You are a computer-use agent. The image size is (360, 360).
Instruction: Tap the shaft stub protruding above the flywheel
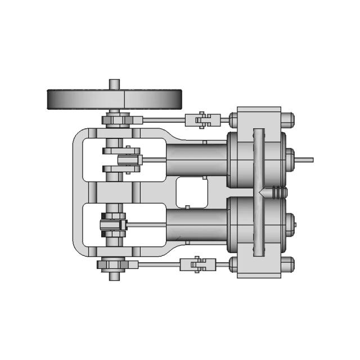click(114, 83)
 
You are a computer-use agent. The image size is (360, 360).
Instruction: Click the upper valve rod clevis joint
click(202, 119)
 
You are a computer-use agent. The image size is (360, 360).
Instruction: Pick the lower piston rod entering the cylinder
click(147, 225)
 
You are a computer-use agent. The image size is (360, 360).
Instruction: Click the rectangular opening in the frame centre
click(192, 192)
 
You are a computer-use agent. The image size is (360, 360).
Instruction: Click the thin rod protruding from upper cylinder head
click(304, 159)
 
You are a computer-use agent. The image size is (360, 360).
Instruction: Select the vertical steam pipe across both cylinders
click(258, 191)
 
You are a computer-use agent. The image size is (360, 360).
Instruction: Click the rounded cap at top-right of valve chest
click(287, 119)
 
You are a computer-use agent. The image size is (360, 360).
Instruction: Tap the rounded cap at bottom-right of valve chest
click(287, 263)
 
